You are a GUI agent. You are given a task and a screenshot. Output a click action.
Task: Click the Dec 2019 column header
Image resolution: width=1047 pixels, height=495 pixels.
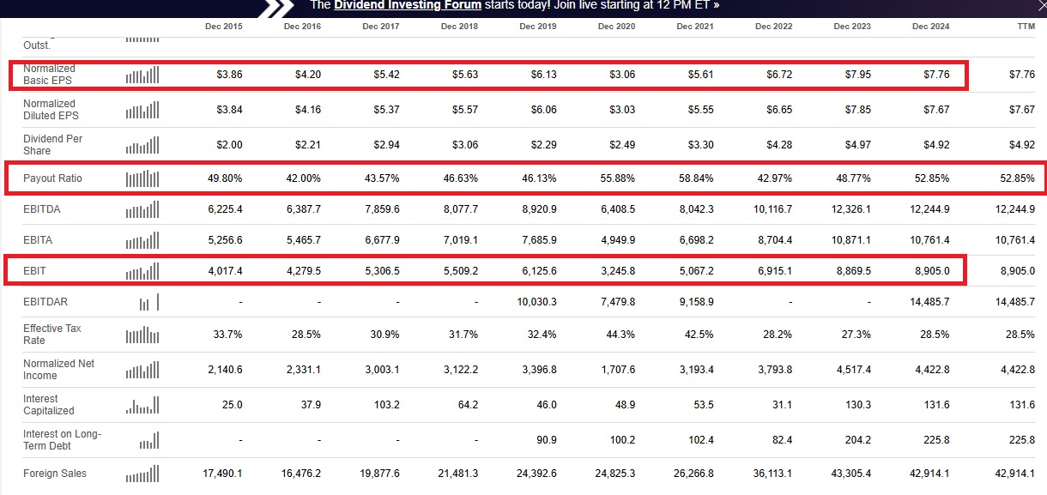(537, 27)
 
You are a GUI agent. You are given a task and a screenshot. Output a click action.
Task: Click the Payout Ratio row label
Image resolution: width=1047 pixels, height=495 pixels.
(52, 178)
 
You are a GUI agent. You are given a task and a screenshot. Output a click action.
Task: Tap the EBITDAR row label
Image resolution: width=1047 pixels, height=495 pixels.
(45, 302)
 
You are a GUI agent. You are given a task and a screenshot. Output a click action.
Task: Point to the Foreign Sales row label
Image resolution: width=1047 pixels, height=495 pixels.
(55, 474)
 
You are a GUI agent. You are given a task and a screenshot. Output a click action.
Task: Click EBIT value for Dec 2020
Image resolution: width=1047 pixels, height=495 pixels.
(617, 271)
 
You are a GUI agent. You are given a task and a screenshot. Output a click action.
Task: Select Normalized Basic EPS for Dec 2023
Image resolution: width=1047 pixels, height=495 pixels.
(853, 75)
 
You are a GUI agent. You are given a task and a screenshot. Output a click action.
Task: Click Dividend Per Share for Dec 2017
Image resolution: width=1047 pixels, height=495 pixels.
(382, 145)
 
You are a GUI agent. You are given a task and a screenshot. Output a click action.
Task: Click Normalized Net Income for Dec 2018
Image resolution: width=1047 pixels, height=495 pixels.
(459, 370)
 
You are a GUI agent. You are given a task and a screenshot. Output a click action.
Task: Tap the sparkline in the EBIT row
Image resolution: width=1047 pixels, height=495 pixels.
(142, 271)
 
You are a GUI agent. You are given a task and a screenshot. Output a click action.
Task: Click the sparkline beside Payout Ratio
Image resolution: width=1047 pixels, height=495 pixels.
(142, 178)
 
